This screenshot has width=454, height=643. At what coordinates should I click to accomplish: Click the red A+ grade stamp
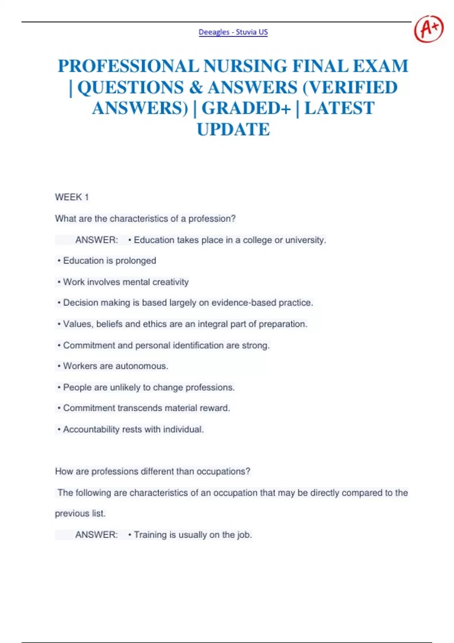tap(429, 29)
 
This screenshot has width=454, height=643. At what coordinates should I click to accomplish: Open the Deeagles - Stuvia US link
tap(233, 32)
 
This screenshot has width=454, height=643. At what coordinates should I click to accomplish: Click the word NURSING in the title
tap(246, 66)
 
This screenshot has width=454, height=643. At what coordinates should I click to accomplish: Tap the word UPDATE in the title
tap(233, 129)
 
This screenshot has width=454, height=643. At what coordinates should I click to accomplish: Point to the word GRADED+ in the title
tap(246, 108)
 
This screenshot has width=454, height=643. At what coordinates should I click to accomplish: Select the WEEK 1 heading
tap(72, 197)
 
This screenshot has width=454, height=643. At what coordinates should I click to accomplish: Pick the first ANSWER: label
tap(96, 240)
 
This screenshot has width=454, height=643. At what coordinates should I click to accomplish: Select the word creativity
tap(170, 282)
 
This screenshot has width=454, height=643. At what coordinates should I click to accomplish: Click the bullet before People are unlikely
tap(59, 387)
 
